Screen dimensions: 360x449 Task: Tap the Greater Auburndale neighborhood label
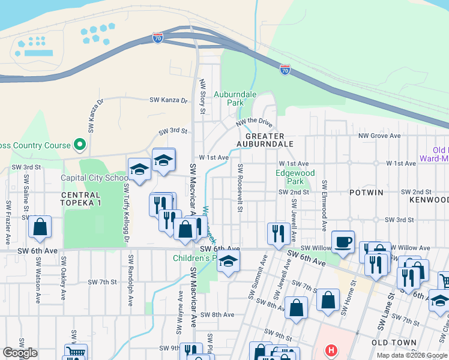tap(265, 140)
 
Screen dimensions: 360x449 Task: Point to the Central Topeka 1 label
tap(80, 199)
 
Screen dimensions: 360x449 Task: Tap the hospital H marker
tap(330, 350)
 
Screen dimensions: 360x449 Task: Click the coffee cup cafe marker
tap(343, 241)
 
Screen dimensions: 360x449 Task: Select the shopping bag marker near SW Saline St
tap(40, 227)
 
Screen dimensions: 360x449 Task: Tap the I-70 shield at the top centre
tap(158, 37)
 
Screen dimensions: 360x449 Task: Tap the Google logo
tap(20, 353)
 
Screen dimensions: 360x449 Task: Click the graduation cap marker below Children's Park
tap(228, 262)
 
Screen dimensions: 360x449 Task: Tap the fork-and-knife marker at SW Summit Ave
tap(278, 233)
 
